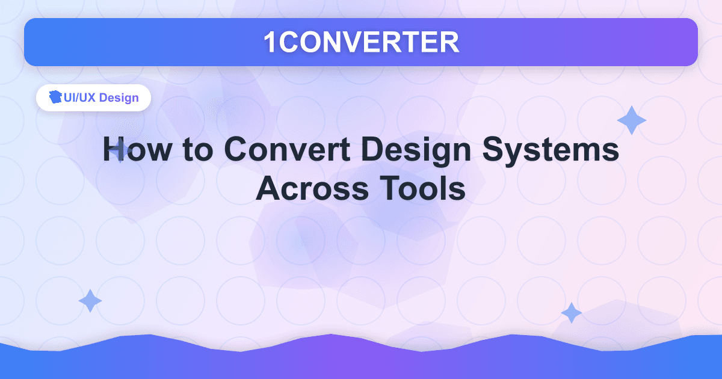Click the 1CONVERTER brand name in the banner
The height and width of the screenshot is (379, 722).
click(x=361, y=42)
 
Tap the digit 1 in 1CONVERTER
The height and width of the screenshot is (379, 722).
click(x=270, y=42)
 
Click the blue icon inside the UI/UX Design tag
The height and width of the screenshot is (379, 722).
click(x=56, y=97)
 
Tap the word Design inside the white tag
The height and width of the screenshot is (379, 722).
click(x=119, y=97)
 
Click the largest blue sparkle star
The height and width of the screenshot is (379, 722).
click(x=632, y=120)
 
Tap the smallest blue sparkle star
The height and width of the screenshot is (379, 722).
click(x=571, y=313)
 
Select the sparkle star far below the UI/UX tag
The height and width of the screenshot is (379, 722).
click(x=90, y=300)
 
